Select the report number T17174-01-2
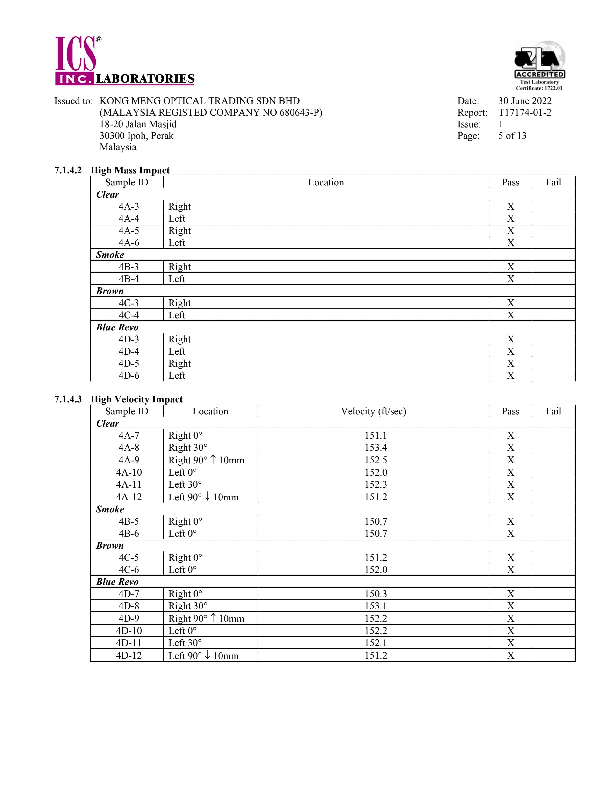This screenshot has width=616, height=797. pyautogui.click(x=524, y=112)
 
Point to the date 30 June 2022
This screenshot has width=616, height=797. pyautogui.click(x=524, y=101)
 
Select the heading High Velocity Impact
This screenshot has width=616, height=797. pyautogui.click(x=136, y=399)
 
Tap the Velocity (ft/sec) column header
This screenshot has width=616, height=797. pyautogui.click(x=373, y=411)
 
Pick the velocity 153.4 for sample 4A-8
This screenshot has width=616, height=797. pyautogui.click(x=375, y=447)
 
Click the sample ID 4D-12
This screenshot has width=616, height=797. pyautogui.click(x=129, y=655)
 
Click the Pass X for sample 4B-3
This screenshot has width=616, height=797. pyautogui.click(x=510, y=267)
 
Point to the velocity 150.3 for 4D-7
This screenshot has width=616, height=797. pyautogui.click(x=375, y=594)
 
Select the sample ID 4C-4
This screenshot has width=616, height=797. pyautogui.click(x=129, y=315)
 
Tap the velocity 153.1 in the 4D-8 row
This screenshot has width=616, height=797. pyautogui.click(x=375, y=606)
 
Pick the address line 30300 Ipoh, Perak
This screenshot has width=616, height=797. pyautogui.click(x=136, y=136)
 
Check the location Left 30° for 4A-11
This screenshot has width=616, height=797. pyautogui.click(x=185, y=484)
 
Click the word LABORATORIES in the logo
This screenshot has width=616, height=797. pyautogui.click(x=145, y=79)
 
